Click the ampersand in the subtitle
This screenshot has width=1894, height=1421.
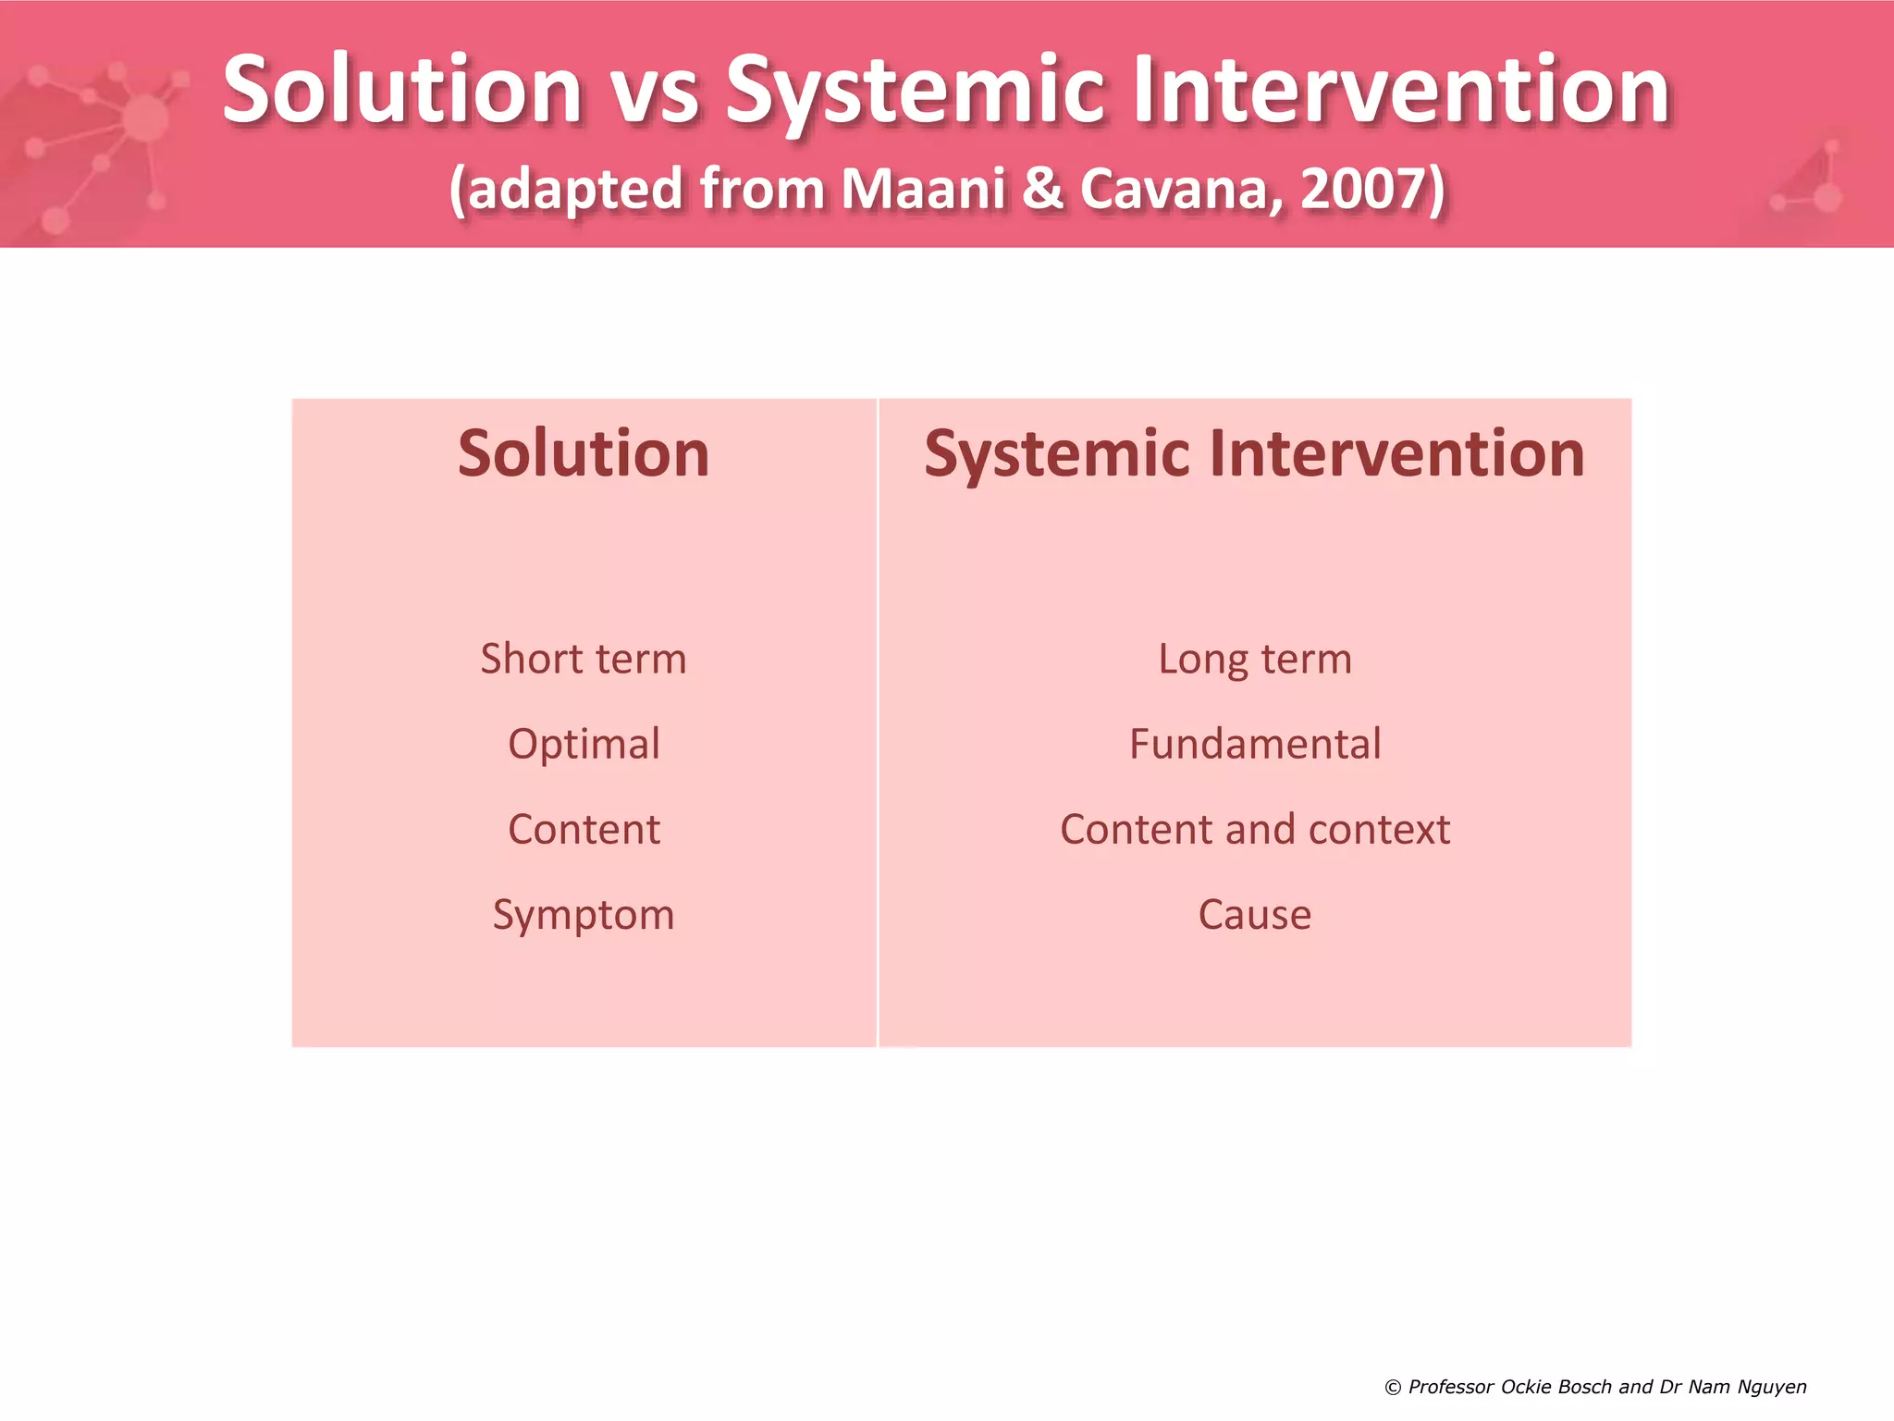[x=1042, y=189]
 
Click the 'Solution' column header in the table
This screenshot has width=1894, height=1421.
[x=584, y=454]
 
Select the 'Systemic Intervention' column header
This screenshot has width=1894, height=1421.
[x=1254, y=454]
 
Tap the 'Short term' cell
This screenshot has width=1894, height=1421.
[x=584, y=659]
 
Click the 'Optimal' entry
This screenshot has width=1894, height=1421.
[x=584, y=744]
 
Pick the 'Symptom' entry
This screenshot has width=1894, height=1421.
[x=584, y=915]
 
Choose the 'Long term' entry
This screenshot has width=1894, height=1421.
[x=1254, y=659]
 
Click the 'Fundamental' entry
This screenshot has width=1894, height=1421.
[x=1254, y=744]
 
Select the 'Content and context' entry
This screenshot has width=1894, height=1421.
[x=1254, y=829]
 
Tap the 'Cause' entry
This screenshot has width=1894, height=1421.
[x=1254, y=915]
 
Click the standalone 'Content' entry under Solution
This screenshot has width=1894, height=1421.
[x=584, y=829]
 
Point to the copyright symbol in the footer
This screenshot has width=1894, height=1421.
[x=1393, y=1387]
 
